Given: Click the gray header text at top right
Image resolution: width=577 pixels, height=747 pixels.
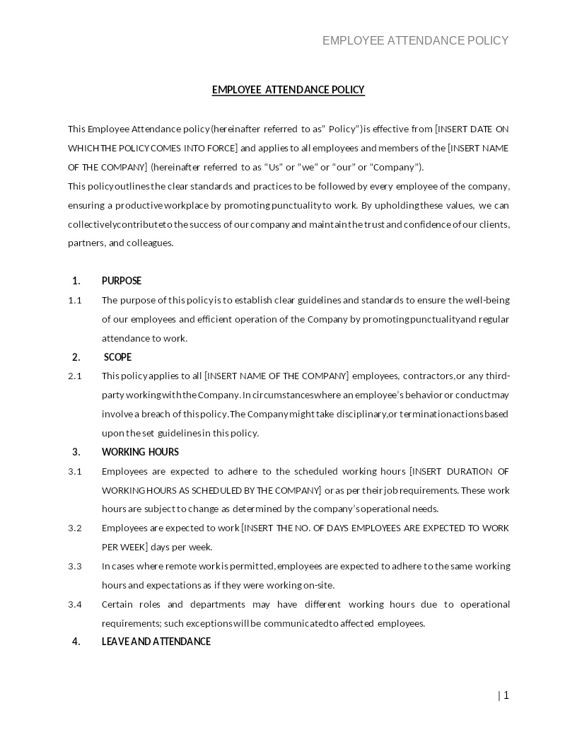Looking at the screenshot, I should (x=415, y=40).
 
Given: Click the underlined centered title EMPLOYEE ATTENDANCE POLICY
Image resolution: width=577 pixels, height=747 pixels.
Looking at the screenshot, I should (x=288, y=90).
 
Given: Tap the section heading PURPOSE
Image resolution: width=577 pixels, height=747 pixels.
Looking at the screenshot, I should (x=122, y=281).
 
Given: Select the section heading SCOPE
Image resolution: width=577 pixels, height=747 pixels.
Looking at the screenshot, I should (x=117, y=357).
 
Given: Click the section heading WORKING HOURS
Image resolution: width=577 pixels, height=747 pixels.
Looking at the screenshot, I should (x=140, y=452).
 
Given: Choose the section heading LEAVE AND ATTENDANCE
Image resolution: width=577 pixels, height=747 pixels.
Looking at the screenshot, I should (x=156, y=642).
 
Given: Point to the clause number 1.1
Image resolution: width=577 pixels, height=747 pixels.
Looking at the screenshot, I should (x=75, y=300).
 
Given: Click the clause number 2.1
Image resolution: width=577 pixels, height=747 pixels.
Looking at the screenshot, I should (x=75, y=376).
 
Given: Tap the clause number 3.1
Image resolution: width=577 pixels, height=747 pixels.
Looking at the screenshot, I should (x=75, y=471).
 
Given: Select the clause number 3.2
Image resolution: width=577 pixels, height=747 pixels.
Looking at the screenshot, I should (x=75, y=528).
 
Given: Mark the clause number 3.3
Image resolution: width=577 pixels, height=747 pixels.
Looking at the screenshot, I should (x=75, y=566).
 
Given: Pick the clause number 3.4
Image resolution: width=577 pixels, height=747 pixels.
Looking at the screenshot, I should (x=75, y=604).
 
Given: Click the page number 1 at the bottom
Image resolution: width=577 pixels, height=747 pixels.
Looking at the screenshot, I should (x=506, y=695).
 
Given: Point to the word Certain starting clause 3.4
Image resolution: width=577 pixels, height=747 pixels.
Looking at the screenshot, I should (x=117, y=604).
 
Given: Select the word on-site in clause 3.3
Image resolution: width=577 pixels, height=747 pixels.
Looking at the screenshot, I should (x=318, y=585).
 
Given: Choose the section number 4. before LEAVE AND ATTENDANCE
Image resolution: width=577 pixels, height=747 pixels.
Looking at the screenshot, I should (x=76, y=642).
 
